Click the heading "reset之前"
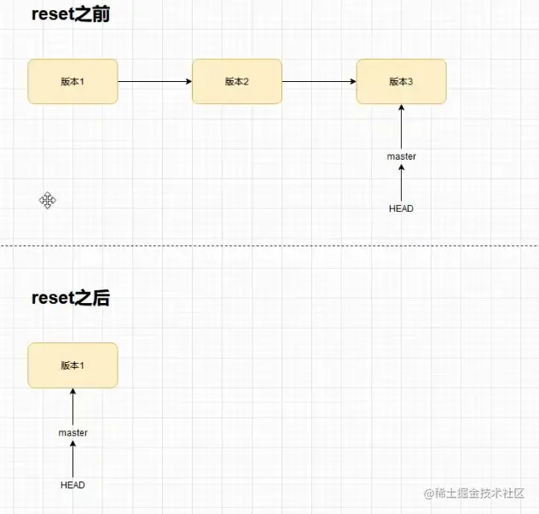point(70,15)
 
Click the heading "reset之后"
point(70,298)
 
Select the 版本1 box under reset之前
point(72,81)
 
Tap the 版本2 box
point(237,81)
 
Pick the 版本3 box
point(401,81)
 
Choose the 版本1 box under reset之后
point(72,365)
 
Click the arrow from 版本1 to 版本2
point(154,82)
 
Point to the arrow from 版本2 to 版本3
point(319,82)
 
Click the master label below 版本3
point(401,156)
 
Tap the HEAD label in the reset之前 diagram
point(401,208)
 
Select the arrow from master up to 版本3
point(401,127)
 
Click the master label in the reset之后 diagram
point(72,433)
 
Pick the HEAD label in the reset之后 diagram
point(72,485)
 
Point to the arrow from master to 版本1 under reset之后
point(72,407)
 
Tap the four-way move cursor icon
point(48,201)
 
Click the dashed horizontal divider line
point(269,246)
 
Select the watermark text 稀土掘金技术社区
point(480,494)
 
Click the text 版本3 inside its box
point(401,82)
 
